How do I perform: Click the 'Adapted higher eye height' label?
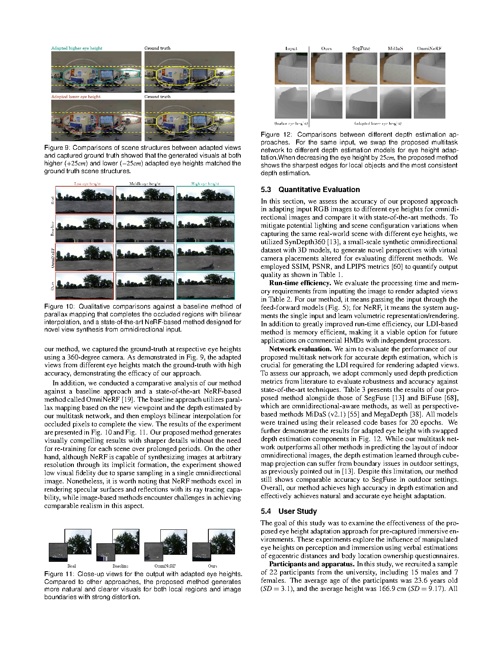click(x=77, y=48)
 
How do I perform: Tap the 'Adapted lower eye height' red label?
click(x=76, y=97)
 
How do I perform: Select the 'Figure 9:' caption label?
click(x=57, y=148)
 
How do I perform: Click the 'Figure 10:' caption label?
click(x=59, y=307)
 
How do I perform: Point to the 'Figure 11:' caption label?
click(x=59, y=574)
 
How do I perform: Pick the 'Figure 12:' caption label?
click(x=276, y=135)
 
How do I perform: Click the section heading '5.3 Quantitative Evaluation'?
click(x=310, y=190)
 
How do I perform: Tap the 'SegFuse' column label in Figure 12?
click(x=361, y=48)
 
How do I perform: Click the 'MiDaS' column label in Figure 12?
click(x=395, y=48)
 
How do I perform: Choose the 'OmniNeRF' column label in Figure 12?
click(x=429, y=48)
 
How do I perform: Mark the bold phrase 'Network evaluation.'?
click(x=300, y=349)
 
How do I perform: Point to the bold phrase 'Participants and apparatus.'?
click(x=312, y=564)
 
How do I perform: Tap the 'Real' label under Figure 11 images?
click(x=72, y=566)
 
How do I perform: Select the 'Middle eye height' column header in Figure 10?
click(x=145, y=184)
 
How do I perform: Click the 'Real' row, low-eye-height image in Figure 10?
click(x=84, y=200)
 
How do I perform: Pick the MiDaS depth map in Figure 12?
click(x=395, y=102)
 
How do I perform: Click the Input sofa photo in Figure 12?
click(x=291, y=69)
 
